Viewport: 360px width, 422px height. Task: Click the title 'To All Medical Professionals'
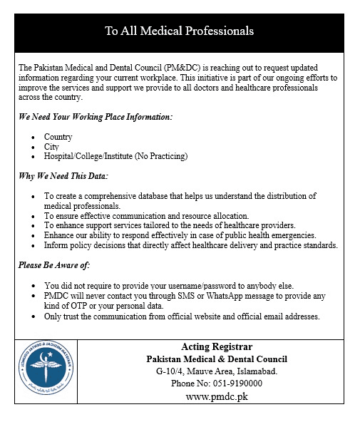[179, 31]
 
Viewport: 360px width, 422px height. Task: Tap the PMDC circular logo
[46, 372]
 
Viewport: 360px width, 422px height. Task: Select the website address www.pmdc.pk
[216, 396]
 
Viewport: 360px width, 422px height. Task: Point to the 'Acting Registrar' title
[216, 347]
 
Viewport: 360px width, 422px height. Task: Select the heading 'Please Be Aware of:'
[54, 265]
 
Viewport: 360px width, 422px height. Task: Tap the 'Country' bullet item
[58, 137]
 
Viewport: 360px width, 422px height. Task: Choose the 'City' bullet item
[51, 147]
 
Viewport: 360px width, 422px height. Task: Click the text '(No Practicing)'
[164, 156]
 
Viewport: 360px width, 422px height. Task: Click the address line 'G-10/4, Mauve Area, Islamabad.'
[217, 371]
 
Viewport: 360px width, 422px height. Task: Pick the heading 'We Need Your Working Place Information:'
[95, 116]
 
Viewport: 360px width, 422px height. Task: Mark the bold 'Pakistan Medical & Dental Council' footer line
[217, 359]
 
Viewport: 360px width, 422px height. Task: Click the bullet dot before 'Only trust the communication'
[36, 316]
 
